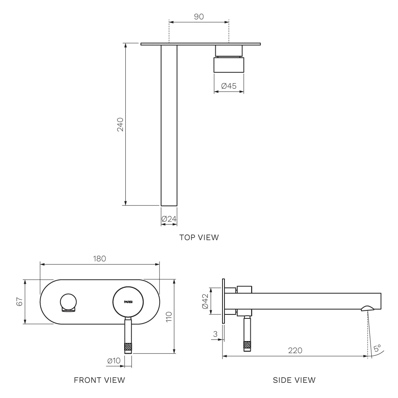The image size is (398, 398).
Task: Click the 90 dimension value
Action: coord(199,16)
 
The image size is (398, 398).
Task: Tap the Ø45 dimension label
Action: coord(229,86)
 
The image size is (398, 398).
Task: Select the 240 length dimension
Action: coord(120,124)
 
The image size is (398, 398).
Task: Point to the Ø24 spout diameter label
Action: coord(169,219)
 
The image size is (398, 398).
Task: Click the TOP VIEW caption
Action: coord(199,237)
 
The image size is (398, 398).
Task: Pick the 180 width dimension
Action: coord(99,259)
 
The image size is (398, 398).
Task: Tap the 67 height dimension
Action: coord(20,302)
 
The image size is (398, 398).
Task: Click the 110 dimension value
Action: coord(169,317)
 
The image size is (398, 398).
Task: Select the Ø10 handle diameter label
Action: coord(114,361)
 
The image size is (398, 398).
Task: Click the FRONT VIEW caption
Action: coord(99,380)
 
